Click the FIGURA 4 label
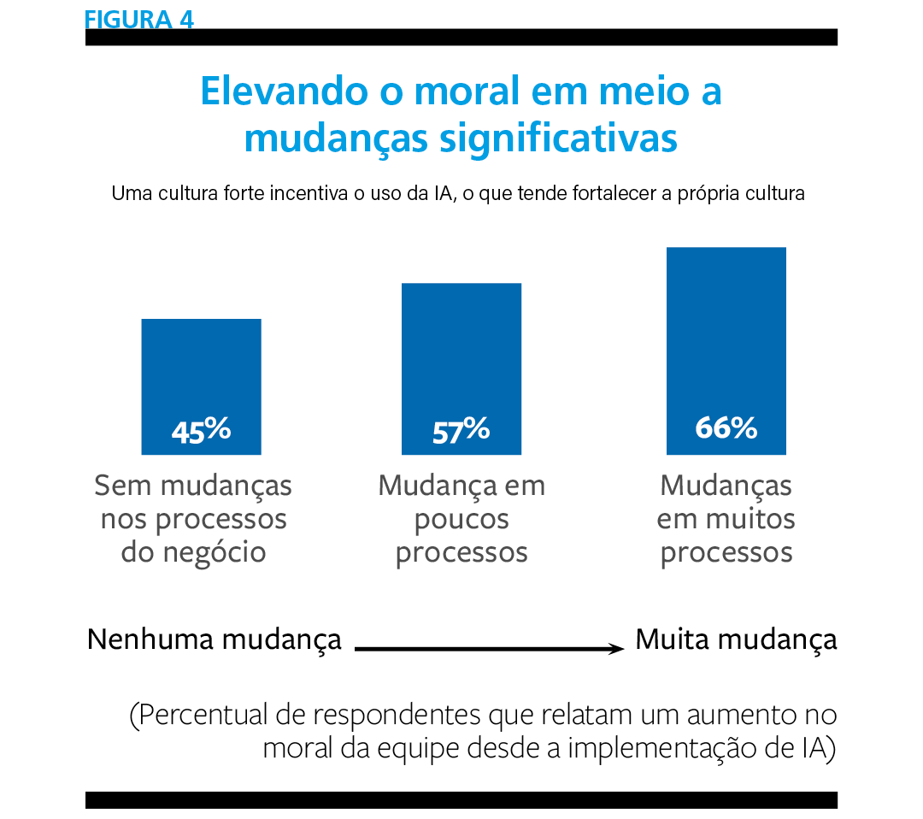[x=139, y=19]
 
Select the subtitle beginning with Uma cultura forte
[x=458, y=194]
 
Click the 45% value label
[x=201, y=431]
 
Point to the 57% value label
[x=461, y=431]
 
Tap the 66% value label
[x=726, y=427]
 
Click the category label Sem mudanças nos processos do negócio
[x=193, y=519]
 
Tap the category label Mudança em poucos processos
[x=461, y=519]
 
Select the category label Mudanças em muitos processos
[x=726, y=519]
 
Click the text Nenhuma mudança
[x=215, y=639]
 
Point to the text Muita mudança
[x=736, y=639]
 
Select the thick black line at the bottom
[x=461, y=800]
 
